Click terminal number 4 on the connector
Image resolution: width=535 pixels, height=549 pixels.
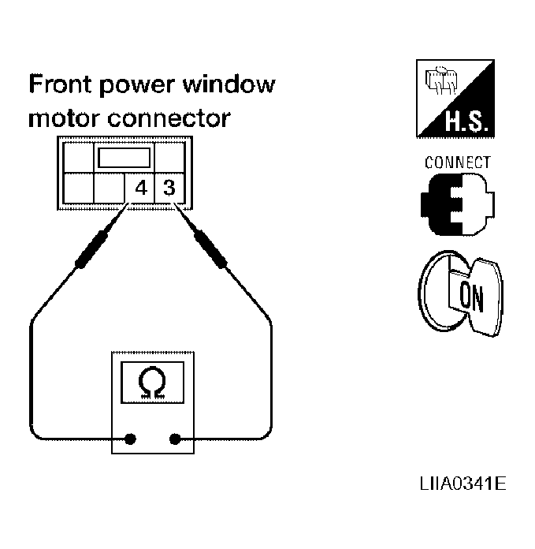pyautogui.click(x=141, y=189)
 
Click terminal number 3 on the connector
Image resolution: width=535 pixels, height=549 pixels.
pyautogui.click(x=169, y=188)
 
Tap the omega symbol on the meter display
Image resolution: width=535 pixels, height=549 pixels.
pyautogui.click(x=152, y=383)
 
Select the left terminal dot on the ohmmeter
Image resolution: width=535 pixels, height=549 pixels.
pyautogui.click(x=130, y=439)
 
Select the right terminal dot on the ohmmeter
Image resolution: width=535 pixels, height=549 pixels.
pyautogui.click(x=175, y=439)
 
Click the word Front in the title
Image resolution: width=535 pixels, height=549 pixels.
pyautogui.click(x=60, y=84)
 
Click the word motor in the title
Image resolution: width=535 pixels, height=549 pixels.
pyautogui.click(x=65, y=118)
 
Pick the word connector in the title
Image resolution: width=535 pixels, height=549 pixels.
pyautogui.click(x=169, y=118)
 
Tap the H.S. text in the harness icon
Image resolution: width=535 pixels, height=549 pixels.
pyautogui.click(x=466, y=121)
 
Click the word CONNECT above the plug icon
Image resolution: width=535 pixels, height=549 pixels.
pyautogui.click(x=458, y=162)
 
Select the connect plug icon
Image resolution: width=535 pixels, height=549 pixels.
pyautogui.click(x=458, y=204)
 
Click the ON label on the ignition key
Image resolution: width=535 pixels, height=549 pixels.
pyautogui.click(x=471, y=297)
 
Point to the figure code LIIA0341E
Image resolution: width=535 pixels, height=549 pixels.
pyautogui.click(x=463, y=484)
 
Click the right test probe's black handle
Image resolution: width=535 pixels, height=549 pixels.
pyautogui.click(x=210, y=249)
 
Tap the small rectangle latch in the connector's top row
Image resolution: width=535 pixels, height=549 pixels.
pyautogui.click(x=124, y=158)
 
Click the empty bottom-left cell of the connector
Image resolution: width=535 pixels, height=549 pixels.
pyautogui.click(x=78, y=189)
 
